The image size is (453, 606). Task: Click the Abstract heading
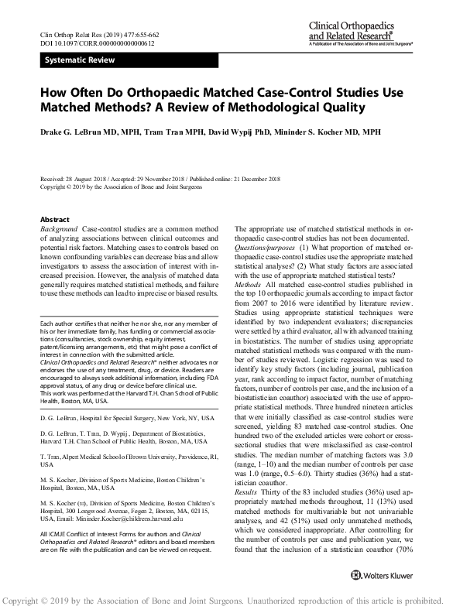click(x=54, y=220)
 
